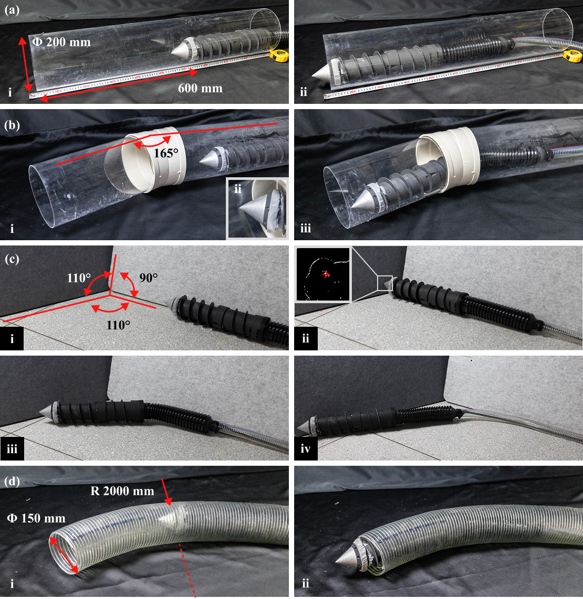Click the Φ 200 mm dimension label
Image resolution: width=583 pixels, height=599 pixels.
(61, 41)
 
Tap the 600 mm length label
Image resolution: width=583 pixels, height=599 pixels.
(200, 88)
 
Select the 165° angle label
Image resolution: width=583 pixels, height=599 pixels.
(166, 153)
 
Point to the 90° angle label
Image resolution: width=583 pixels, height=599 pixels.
(149, 277)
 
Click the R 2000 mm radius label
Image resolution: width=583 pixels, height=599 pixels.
(122, 490)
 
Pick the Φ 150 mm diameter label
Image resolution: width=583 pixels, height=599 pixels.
(36, 518)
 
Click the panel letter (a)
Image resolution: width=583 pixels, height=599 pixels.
(12, 10)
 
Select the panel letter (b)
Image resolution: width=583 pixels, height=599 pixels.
(12, 125)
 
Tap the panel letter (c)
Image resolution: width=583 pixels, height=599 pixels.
(12, 259)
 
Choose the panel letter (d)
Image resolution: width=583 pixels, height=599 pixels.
(12, 482)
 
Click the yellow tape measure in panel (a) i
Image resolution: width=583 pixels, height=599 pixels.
(279, 56)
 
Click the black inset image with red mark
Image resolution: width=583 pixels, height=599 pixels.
(324, 274)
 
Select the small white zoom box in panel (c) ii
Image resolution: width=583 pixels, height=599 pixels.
(385, 283)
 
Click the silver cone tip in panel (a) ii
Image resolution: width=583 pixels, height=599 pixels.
(323, 72)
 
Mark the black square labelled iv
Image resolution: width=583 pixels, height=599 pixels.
(306, 448)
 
